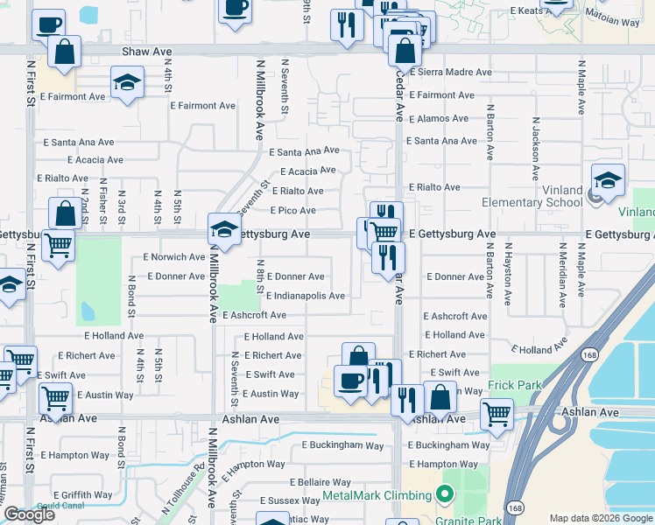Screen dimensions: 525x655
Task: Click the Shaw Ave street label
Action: pos(146,52)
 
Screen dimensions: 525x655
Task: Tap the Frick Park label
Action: pos(517,385)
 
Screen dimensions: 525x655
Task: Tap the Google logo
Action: pos(29,514)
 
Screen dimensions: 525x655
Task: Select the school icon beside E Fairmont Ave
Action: pos(128,83)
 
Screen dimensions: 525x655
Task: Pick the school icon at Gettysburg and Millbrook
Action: pos(224,230)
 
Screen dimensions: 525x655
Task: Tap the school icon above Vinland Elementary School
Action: pos(608,181)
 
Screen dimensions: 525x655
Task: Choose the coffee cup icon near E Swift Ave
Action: pos(350,381)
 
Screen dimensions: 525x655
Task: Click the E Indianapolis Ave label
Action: pos(306,296)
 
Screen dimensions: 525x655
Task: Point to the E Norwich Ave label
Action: pos(174,257)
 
